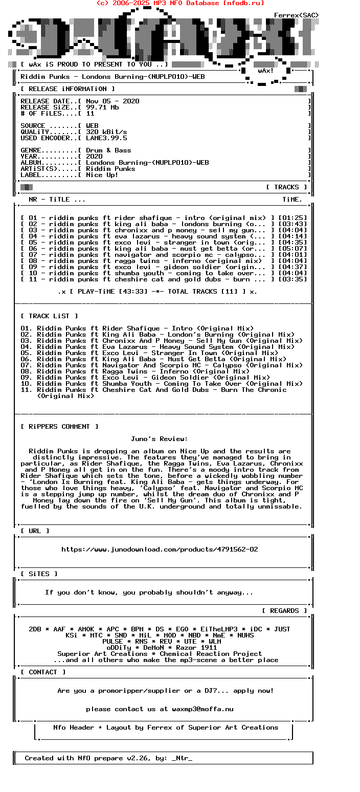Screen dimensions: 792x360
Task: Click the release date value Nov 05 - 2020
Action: point(112,101)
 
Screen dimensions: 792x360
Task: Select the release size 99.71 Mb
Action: point(102,107)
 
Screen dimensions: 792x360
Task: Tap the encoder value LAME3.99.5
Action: point(106,138)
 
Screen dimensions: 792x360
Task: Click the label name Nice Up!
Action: point(102,175)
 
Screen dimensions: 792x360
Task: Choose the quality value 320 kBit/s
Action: point(106,132)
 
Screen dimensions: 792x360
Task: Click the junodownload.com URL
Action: point(160,549)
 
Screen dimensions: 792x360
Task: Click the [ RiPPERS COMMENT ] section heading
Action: point(59,427)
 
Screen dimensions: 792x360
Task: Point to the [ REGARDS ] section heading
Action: point(284,611)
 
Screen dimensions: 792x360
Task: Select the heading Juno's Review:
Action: point(160,439)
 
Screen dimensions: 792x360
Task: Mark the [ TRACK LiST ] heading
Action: point(49,316)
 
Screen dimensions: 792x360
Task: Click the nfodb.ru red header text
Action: point(180,3)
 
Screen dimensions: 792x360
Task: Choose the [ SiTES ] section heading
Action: point(39,574)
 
